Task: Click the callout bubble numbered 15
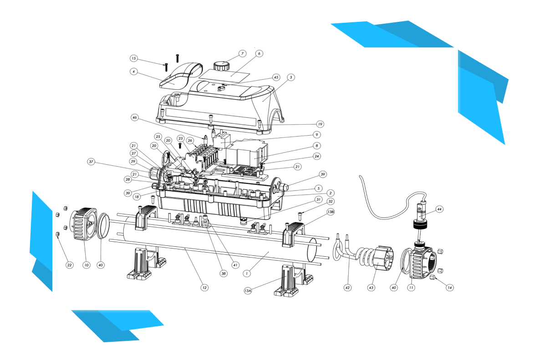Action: pyautogui.click(x=134, y=58)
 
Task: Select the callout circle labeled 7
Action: pyautogui.click(x=243, y=54)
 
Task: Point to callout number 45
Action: pyautogui.click(x=276, y=77)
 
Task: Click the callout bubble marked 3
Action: pyautogui.click(x=291, y=77)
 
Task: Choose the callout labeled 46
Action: pyautogui.click(x=134, y=117)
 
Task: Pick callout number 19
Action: pyautogui.click(x=320, y=124)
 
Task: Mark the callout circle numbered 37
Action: pyautogui.click(x=91, y=162)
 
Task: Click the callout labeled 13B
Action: pyautogui.click(x=331, y=212)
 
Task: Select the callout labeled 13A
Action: pyautogui.click(x=248, y=291)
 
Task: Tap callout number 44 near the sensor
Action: pyautogui.click(x=439, y=209)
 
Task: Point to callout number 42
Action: pyautogui.click(x=347, y=288)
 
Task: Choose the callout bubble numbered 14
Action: pyautogui.click(x=450, y=288)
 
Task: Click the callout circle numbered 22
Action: pyautogui.click(x=70, y=265)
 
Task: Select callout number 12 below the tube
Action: pyautogui.click(x=204, y=288)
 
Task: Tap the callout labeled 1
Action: pyautogui.click(x=246, y=274)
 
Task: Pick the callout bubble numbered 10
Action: pyautogui.click(x=86, y=265)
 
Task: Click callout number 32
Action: pyautogui.click(x=331, y=201)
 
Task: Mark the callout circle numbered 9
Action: pyautogui.click(x=316, y=135)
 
